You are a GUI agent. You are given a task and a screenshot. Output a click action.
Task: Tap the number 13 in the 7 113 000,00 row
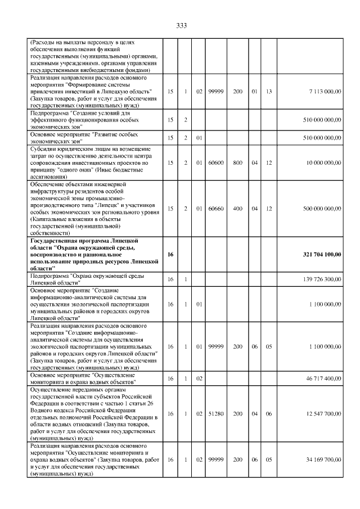tap(269, 91)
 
